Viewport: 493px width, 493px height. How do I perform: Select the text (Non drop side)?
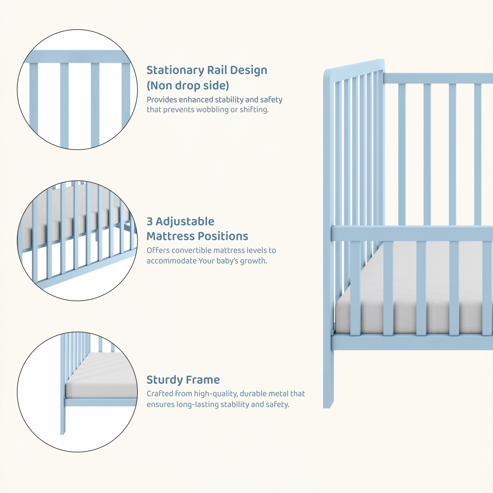pos(188,86)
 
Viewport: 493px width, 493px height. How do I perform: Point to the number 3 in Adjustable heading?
pos(150,222)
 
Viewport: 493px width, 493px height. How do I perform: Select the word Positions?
pos(222,236)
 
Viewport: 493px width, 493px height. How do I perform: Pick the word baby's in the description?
pos(228,261)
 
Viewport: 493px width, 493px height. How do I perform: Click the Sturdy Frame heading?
pos(183,380)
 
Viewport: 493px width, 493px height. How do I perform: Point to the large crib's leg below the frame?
pos(328,379)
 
